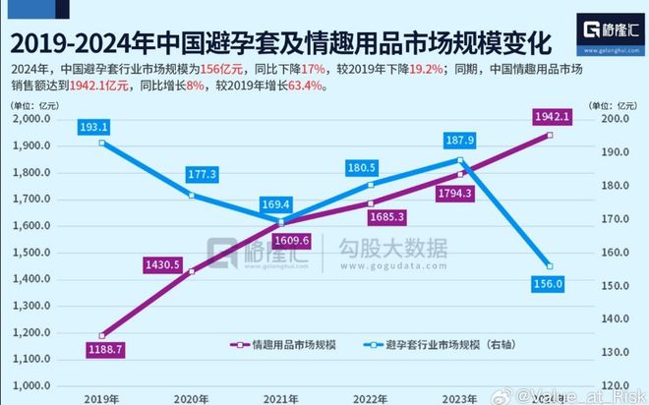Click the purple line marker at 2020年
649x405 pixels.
[x=191, y=270]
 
